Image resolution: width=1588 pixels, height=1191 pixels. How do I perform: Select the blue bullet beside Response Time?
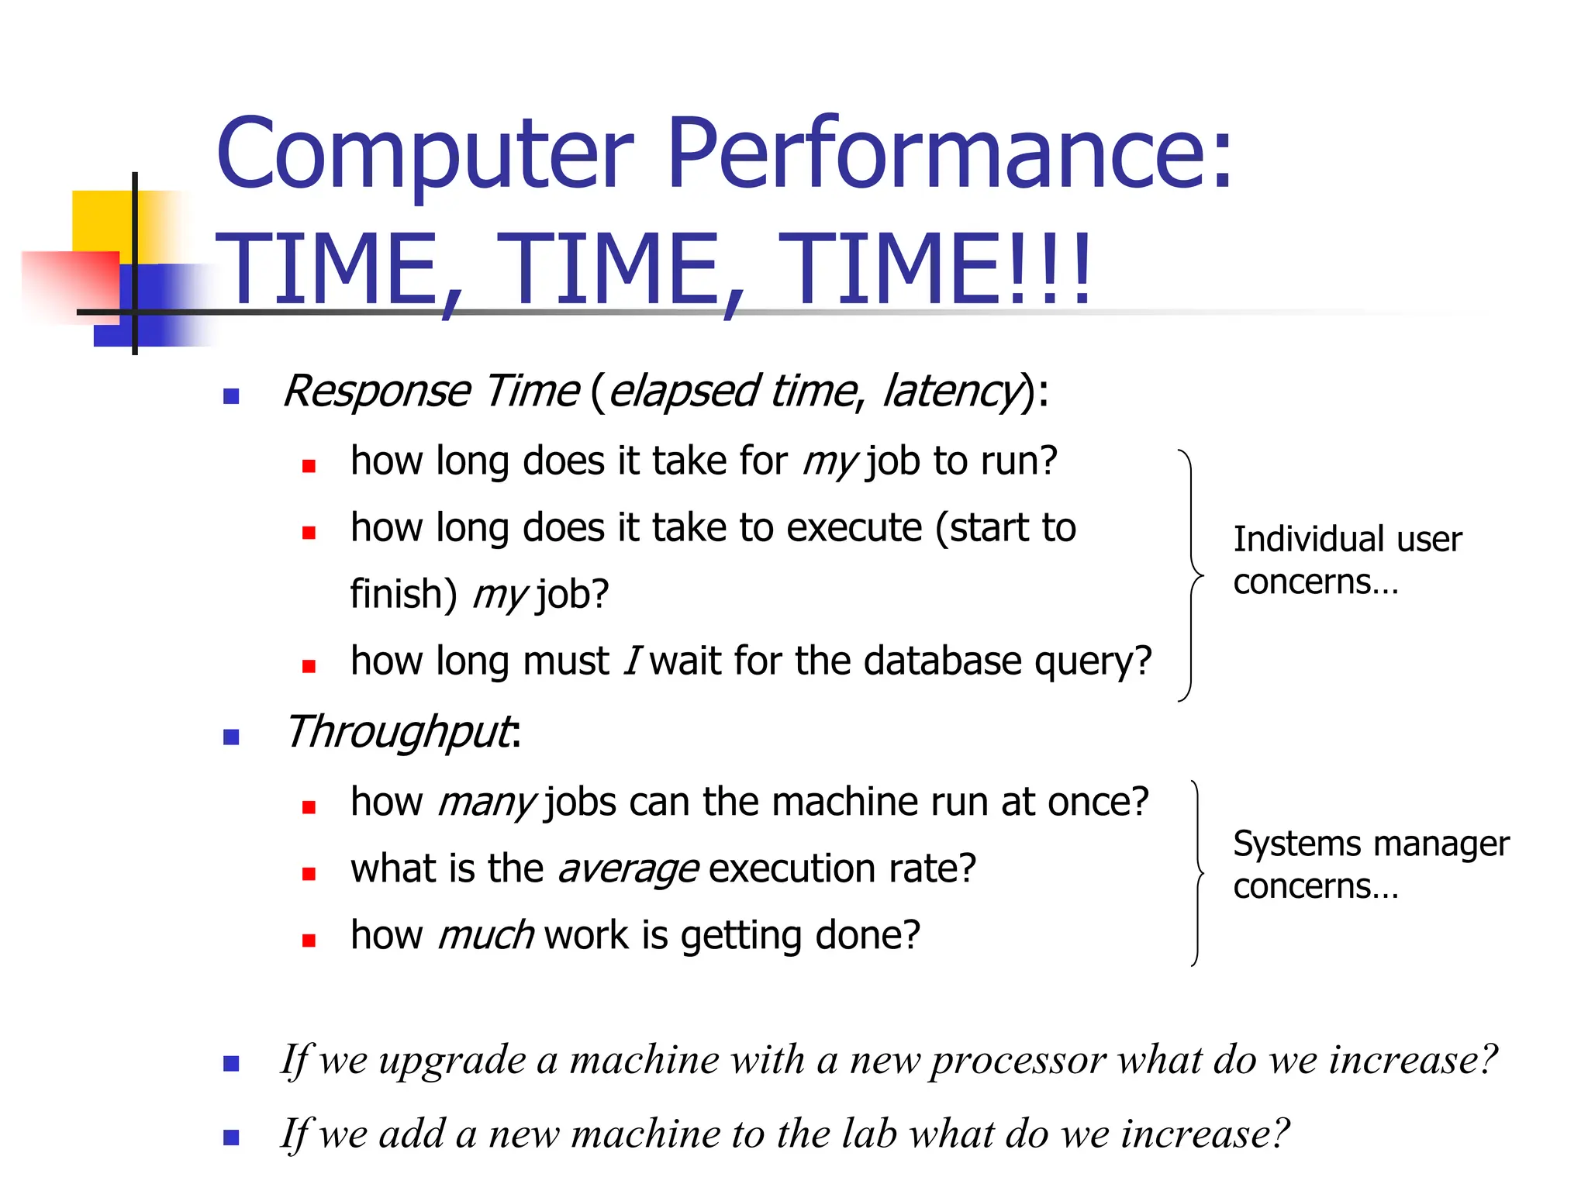(x=231, y=397)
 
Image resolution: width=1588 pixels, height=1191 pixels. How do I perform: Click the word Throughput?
(x=399, y=732)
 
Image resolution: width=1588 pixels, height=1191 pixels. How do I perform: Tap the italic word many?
(x=485, y=803)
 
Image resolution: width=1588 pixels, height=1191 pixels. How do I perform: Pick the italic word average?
(x=628, y=869)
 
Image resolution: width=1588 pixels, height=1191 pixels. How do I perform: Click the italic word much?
(x=485, y=936)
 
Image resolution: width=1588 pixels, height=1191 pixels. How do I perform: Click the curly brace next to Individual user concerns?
(x=1190, y=575)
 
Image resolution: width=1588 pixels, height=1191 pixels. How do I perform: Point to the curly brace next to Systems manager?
(x=1197, y=873)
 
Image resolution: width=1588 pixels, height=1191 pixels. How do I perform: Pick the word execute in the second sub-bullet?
(x=854, y=528)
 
